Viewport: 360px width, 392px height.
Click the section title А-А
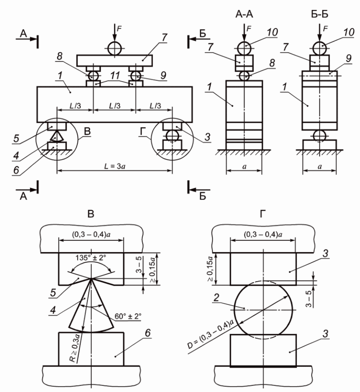click(x=244, y=15)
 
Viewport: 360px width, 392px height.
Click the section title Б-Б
click(x=320, y=15)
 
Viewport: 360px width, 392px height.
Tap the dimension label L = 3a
click(x=115, y=166)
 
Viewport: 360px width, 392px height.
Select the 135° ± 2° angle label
click(x=91, y=258)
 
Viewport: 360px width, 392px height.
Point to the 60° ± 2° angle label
click(x=128, y=316)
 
